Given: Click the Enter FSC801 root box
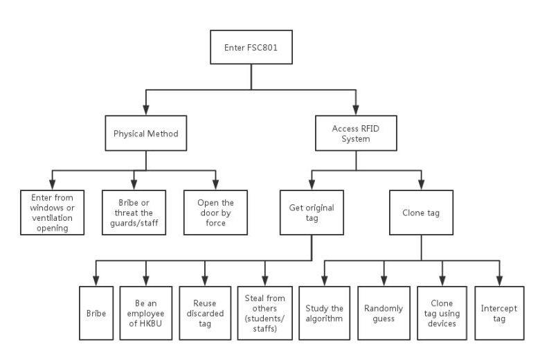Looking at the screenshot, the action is (251, 47).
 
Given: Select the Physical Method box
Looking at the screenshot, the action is (145, 134).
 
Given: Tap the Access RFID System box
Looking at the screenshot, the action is (356, 134).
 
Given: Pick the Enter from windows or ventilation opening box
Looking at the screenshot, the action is (53, 213).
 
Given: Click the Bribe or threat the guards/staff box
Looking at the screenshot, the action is (134, 213).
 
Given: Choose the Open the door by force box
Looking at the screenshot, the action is (215, 213).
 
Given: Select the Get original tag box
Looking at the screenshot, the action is (312, 213).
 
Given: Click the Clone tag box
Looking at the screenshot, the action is (421, 213).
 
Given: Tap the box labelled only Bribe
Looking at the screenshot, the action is (96, 313).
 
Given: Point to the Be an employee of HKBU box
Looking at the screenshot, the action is (145, 313).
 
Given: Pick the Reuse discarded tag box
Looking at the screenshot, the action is (205, 313).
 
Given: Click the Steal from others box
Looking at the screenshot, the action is (265, 313).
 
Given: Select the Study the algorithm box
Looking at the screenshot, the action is (325, 313).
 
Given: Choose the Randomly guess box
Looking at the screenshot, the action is (384, 313).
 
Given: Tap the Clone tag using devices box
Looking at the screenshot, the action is (442, 313).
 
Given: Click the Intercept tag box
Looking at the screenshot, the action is (499, 313).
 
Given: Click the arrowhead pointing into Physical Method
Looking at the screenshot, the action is (146, 110).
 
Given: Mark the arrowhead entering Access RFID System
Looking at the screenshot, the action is (356, 110).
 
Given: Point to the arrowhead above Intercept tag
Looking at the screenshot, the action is (500, 281).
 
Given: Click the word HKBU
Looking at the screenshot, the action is (150, 323).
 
